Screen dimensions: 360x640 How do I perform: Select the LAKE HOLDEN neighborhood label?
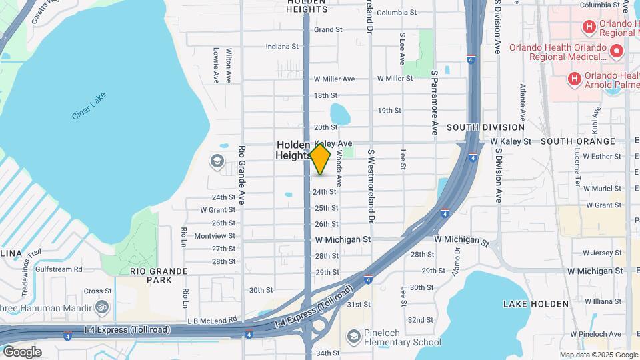click(x=536, y=304)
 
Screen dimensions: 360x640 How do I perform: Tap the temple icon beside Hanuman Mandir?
click(x=101, y=307)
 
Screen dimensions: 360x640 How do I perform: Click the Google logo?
click(x=22, y=352)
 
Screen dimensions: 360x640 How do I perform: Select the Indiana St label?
click(x=282, y=47)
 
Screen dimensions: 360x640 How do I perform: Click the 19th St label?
click(x=389, y=111)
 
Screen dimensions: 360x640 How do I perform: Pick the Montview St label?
click(x=214, y=236)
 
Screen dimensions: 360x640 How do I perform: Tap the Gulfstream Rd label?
click(x=59, y=269)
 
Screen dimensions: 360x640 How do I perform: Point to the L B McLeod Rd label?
click(x=212, y=320)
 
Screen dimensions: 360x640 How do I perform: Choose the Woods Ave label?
click(x=339, y=168)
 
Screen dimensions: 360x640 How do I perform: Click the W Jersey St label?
click(x=602, y=253)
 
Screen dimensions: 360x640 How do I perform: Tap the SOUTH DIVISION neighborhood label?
click(x=485, y=127)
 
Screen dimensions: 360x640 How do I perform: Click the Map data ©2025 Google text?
click(x=598, y=355)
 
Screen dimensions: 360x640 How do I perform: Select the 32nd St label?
click(x=421, y=320)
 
